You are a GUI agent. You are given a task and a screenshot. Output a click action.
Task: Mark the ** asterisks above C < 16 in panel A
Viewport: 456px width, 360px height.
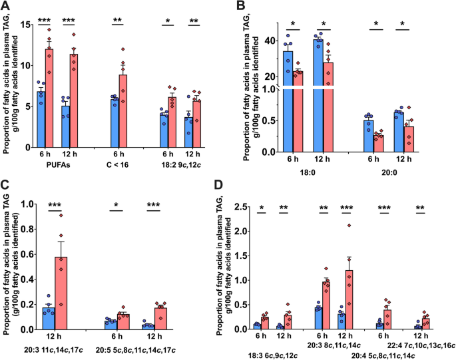(122, 20)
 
